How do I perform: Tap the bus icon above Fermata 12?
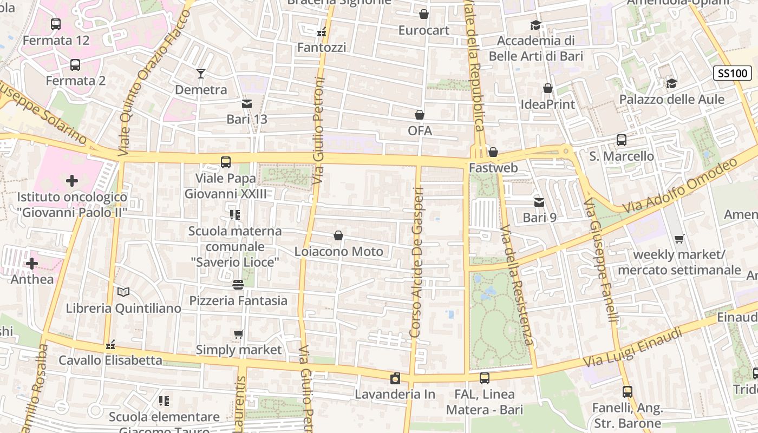pos(56,24)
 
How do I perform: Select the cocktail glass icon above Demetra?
pos(201,74)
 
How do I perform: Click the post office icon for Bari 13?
pos(247,103)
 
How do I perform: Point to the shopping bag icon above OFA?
pos(420,115)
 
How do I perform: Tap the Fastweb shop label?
pos(493,168)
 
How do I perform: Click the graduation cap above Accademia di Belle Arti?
pos(535,25)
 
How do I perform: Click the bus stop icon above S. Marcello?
pos(622,140)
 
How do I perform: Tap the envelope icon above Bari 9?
pos(539,202)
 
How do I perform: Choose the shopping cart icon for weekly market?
pos(679,239)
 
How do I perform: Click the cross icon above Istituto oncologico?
pos(72,181)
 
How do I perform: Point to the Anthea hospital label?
pos(32,279)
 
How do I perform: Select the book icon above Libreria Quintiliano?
pos(123,292)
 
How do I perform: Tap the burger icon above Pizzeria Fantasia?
pos(238,284)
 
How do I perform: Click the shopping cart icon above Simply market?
pos(239,334)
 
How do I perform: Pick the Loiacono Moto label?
pos(338,252)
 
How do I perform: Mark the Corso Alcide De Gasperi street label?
pos(416,263)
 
